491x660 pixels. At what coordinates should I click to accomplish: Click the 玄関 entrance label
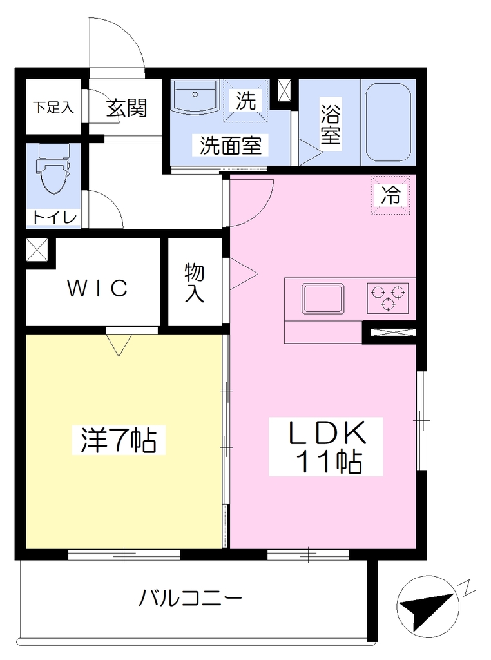pyautogui.click(x=126, y=108)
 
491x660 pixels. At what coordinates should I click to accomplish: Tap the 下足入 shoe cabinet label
pyautogui.click(x=53, y=108)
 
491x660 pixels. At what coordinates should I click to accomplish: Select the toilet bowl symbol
pyautogui.click(x=53, y=168)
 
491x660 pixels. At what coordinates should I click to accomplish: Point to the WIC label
pyautogui.click(x=97, y=288)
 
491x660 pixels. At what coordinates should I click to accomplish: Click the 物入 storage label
pyautogui.click(x=195, y=283)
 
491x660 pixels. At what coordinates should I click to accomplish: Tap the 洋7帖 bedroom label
pyautogui.click(x=118, y=440)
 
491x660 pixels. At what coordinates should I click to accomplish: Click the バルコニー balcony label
pyautogui.click(x=190, y=597)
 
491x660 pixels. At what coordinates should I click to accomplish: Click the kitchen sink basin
pyautogui.click(x=323, y=298)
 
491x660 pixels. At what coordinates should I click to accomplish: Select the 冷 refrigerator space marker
pyautogui.click(x=390, y=195)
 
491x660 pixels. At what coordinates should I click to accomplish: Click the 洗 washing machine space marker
pyautogui.click(x=246, y=100)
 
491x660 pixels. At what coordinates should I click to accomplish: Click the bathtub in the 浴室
pyautogui.click(x=388, y=122)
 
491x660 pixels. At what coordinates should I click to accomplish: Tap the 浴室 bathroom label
pyautogui.click(x=331, y=121)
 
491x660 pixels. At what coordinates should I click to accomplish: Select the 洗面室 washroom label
pyautogui.click(x=231, y=145)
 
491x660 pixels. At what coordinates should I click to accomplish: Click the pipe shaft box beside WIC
pyautogui.click(x=37, y=250)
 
